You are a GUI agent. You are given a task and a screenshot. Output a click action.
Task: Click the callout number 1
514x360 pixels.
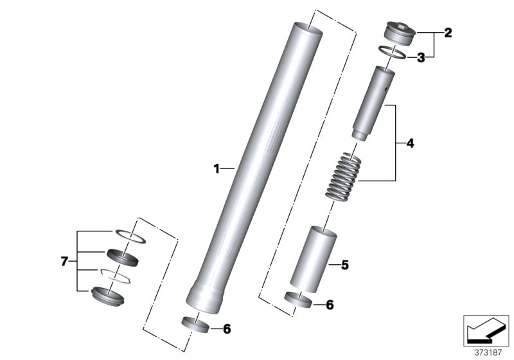pyautogui.click(x=217, y=169)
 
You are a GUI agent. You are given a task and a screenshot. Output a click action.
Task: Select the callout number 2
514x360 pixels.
pyautogui.click(x=448, y=33)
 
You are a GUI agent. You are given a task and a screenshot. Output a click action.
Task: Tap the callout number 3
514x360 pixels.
pyautogui.click(x=421, y=58)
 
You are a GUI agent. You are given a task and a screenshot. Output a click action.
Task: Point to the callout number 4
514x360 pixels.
pyautogui.click(x=409, y=143)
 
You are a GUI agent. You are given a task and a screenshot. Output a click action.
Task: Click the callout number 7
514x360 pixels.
pyautogui.click(x=64, y=262)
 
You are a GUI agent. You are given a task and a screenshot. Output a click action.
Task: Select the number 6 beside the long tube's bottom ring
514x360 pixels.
pyautogui.click(x=226, y=328)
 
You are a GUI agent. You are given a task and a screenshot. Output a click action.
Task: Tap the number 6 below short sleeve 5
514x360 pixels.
pyautogui.click(x=330, y=305)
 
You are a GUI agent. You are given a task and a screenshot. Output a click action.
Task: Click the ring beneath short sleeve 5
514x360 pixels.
pyautogui.click(x=298, y=300)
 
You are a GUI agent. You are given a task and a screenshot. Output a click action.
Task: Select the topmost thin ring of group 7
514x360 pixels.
pyautogui.click(x=132, y=234)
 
